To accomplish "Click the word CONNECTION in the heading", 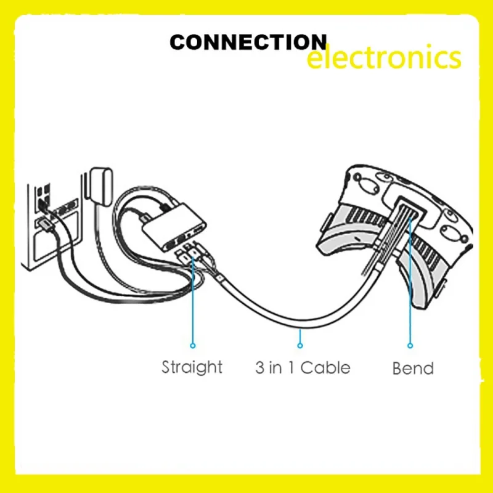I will tap(248, 43).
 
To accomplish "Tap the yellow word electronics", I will tap(383, 59).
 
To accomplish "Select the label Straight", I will tap(192, 367).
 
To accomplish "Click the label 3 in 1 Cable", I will tap(303, 368).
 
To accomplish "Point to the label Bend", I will tap(413, 369).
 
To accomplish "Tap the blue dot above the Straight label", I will tap(192, 346).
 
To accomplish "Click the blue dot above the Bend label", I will tap(410, 346).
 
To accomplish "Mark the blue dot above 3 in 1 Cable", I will tap(300, 345).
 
